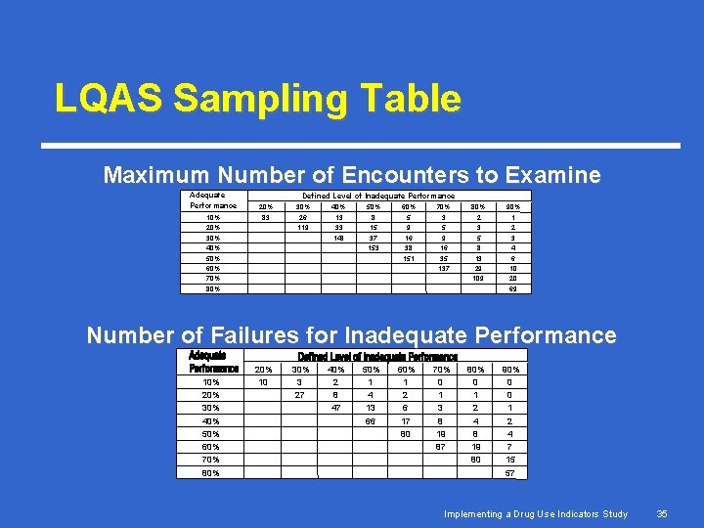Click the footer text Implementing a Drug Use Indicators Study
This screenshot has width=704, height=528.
(x=536, y=513)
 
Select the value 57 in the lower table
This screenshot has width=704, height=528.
(x=509, y=473)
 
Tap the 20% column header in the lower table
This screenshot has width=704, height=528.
(x=264, y=370)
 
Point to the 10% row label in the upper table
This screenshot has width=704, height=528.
(x=212, y=217)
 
